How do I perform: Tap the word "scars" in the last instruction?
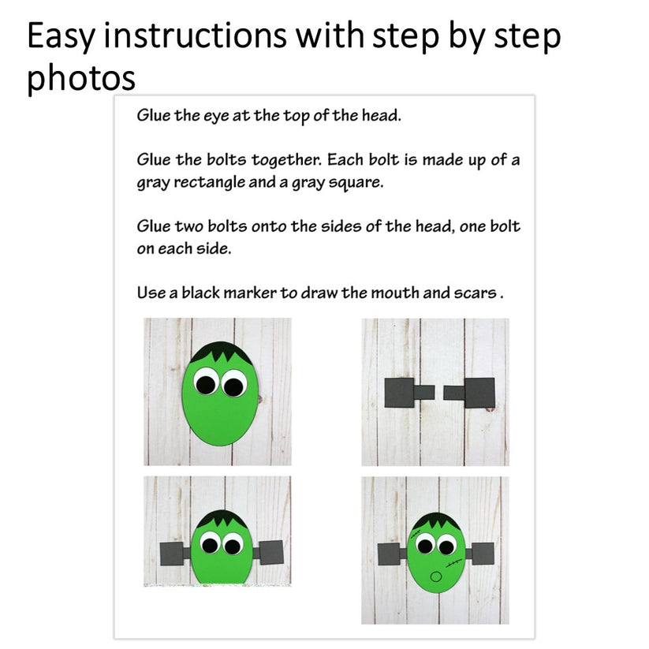coord(475,293)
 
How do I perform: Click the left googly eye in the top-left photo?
coord(205,383)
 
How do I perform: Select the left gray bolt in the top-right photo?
coord(406,392)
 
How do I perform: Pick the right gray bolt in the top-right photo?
coord(472,392)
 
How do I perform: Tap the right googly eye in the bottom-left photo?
coord(233,545)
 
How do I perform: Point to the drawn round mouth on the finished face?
coord(436,576)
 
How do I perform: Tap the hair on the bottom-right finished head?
coord(434,522)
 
